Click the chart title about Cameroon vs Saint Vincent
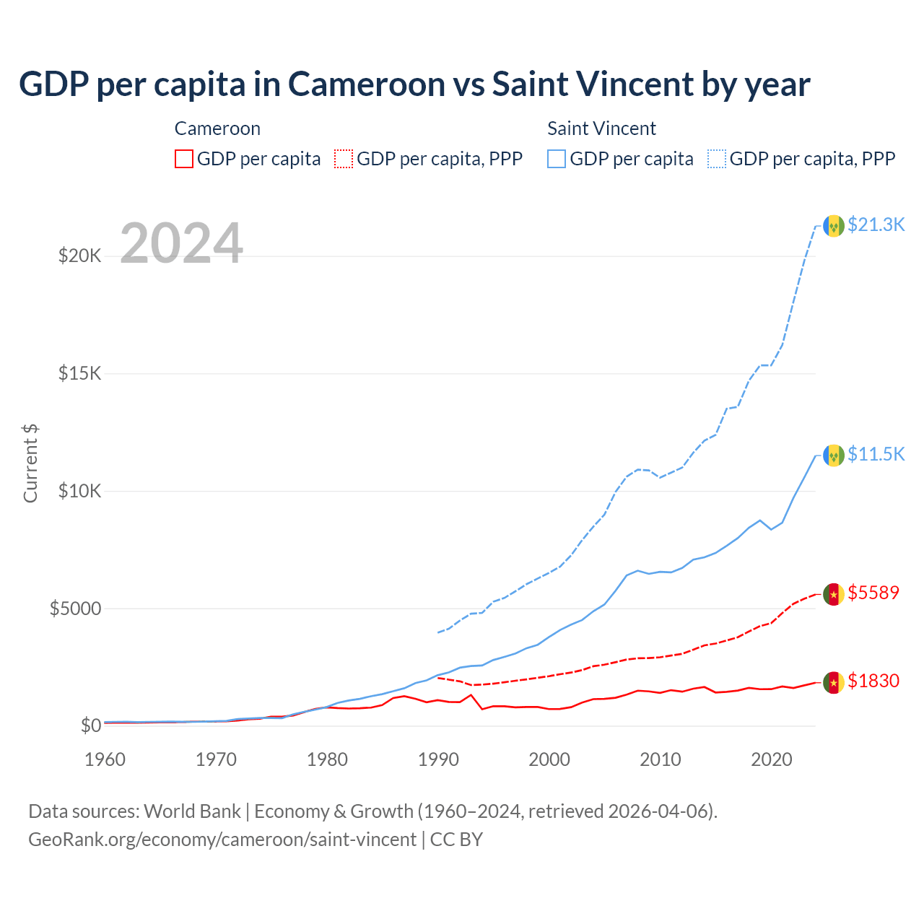[x=414, y=84]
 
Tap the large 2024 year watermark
[x=181, y=244]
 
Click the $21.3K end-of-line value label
[x=876, y=225]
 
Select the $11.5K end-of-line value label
[x=876, y=454]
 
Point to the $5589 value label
[x=873, y=593]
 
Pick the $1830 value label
[x=873, y=681]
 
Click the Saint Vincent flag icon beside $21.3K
[x=834, y=226]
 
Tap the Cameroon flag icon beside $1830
[x=834, y=682]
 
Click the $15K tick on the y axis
[x=80, y=374]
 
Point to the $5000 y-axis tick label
[x=75, y=609]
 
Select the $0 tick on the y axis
[x=90, y=726]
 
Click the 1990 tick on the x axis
[x=438, y=759]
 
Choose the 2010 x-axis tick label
[x=661, y=759]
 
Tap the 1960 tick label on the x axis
[x=105, y=759]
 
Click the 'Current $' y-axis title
[x=30, y=463]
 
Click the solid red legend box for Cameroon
[x=184, y=159]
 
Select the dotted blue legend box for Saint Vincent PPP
[x=717, y=159]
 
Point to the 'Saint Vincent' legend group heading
[x=601, y=129]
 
